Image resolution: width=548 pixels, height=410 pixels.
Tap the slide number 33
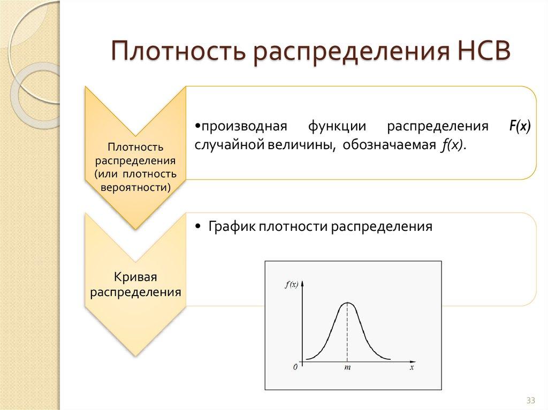coord(530,400)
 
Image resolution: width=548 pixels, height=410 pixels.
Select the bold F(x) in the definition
coord(520,127)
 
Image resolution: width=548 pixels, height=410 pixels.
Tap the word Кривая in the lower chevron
coord(135,277)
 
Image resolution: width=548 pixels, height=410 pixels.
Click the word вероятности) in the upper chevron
coord(135,187)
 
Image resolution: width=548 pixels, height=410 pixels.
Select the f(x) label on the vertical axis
coord(292,285)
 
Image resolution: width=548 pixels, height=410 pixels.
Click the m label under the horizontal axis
coord(347,368)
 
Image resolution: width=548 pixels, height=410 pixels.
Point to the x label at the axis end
coord(412,368)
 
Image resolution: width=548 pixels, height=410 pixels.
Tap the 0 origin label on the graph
coord(295,368)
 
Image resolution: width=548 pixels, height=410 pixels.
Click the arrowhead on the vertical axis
coord(303,285)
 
